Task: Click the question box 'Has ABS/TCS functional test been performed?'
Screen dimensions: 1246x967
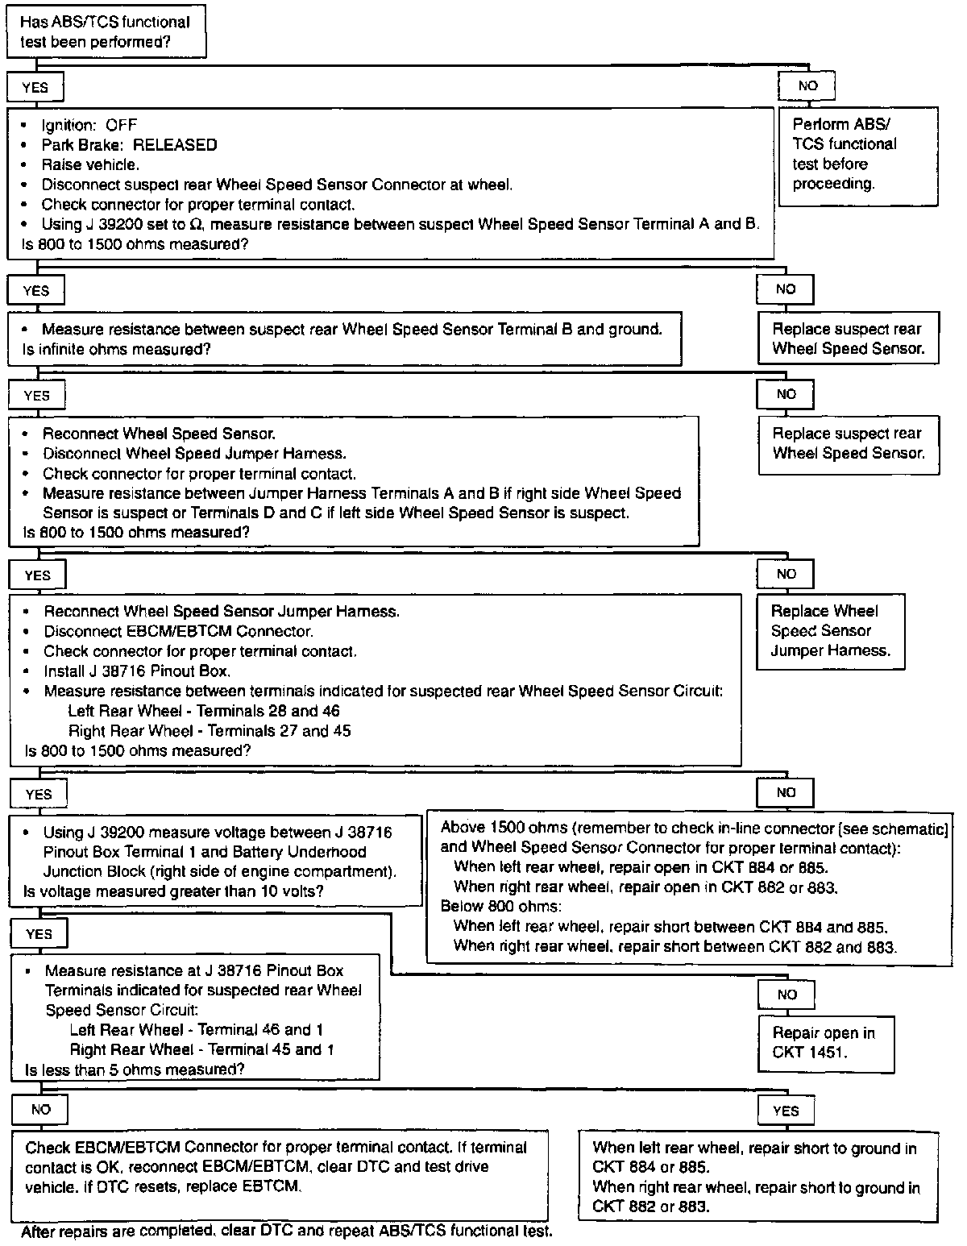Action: pos(106,32)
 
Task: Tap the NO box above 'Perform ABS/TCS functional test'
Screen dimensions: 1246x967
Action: pos(807,85)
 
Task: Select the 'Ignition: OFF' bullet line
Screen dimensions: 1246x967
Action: pos(89,125)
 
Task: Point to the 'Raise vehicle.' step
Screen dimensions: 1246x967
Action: pos(90,164)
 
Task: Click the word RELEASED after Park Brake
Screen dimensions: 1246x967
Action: pos(175,145)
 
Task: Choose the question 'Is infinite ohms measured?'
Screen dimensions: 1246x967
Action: pos(118,350)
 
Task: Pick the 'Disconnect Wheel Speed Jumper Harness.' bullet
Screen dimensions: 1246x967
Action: pos(194,454)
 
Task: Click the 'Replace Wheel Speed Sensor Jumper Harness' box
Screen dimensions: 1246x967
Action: pos(830,631)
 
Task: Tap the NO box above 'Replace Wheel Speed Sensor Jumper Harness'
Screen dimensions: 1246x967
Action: pos(786,574)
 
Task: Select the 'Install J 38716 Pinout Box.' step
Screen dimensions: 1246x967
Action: pos(137,671)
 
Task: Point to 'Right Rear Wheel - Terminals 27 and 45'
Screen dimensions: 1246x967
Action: pos(210,731)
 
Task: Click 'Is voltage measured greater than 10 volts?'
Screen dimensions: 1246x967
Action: pos(174,891)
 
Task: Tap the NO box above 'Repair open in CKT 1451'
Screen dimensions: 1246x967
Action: pos(786,995)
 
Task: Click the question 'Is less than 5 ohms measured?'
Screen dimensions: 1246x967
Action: pos(135,1069)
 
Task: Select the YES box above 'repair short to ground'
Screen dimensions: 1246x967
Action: pos(786,1111)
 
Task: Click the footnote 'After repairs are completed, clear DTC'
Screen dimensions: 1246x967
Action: pos(287,1231)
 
